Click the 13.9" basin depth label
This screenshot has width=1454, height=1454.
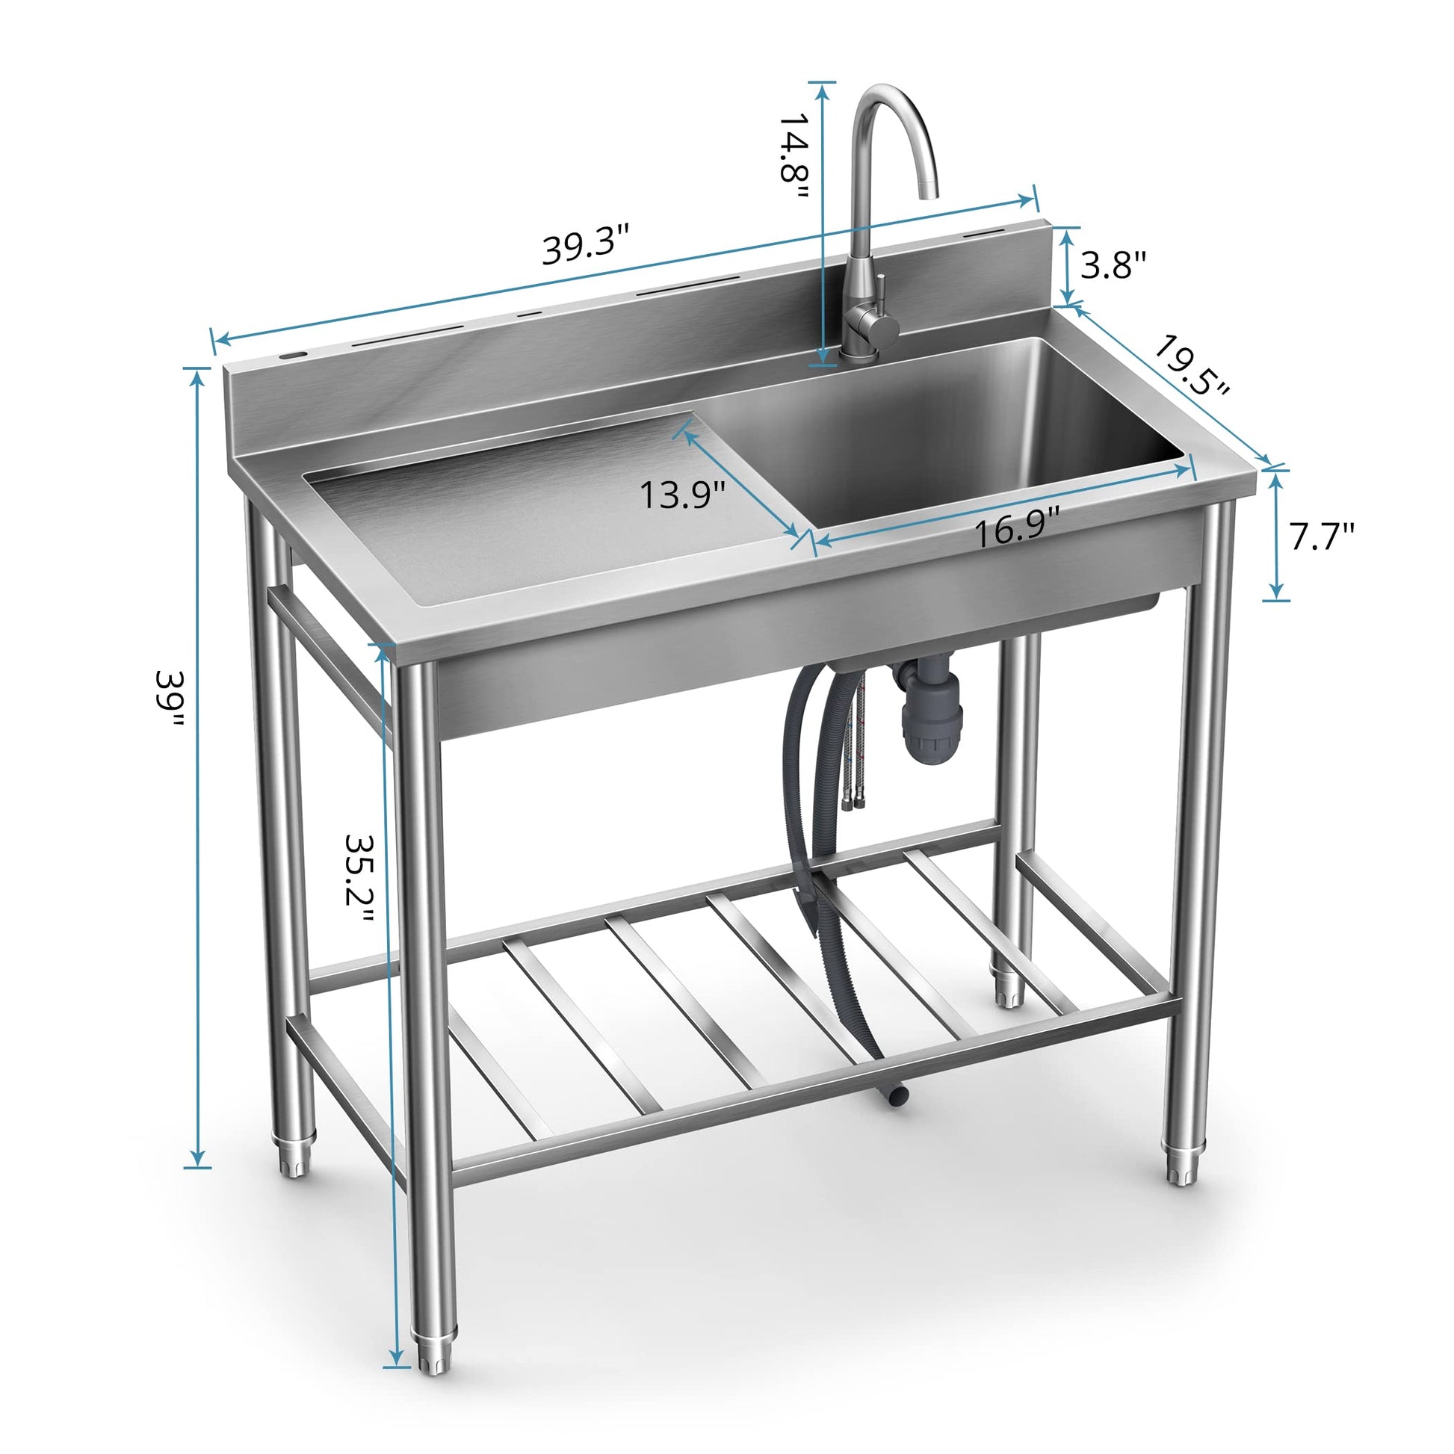pyautogui.click(x=683, y=495)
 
